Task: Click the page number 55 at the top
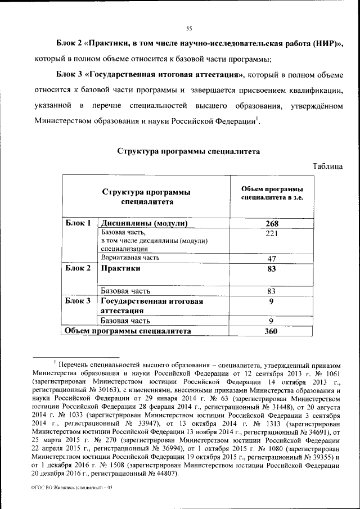tap(189, 29)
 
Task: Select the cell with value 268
tap(272, 223)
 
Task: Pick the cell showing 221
tap(272, 234)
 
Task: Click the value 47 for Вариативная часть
tap(272, 259)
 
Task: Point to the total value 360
tap(272, 331)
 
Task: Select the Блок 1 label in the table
tap(78, 223)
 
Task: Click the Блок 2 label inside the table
tap(78, 268)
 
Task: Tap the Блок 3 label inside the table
tap(78, 301)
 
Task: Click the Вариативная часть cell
tap(130, 258)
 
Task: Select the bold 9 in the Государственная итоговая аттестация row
tap(272, 301)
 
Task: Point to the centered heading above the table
tap(188, 151)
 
